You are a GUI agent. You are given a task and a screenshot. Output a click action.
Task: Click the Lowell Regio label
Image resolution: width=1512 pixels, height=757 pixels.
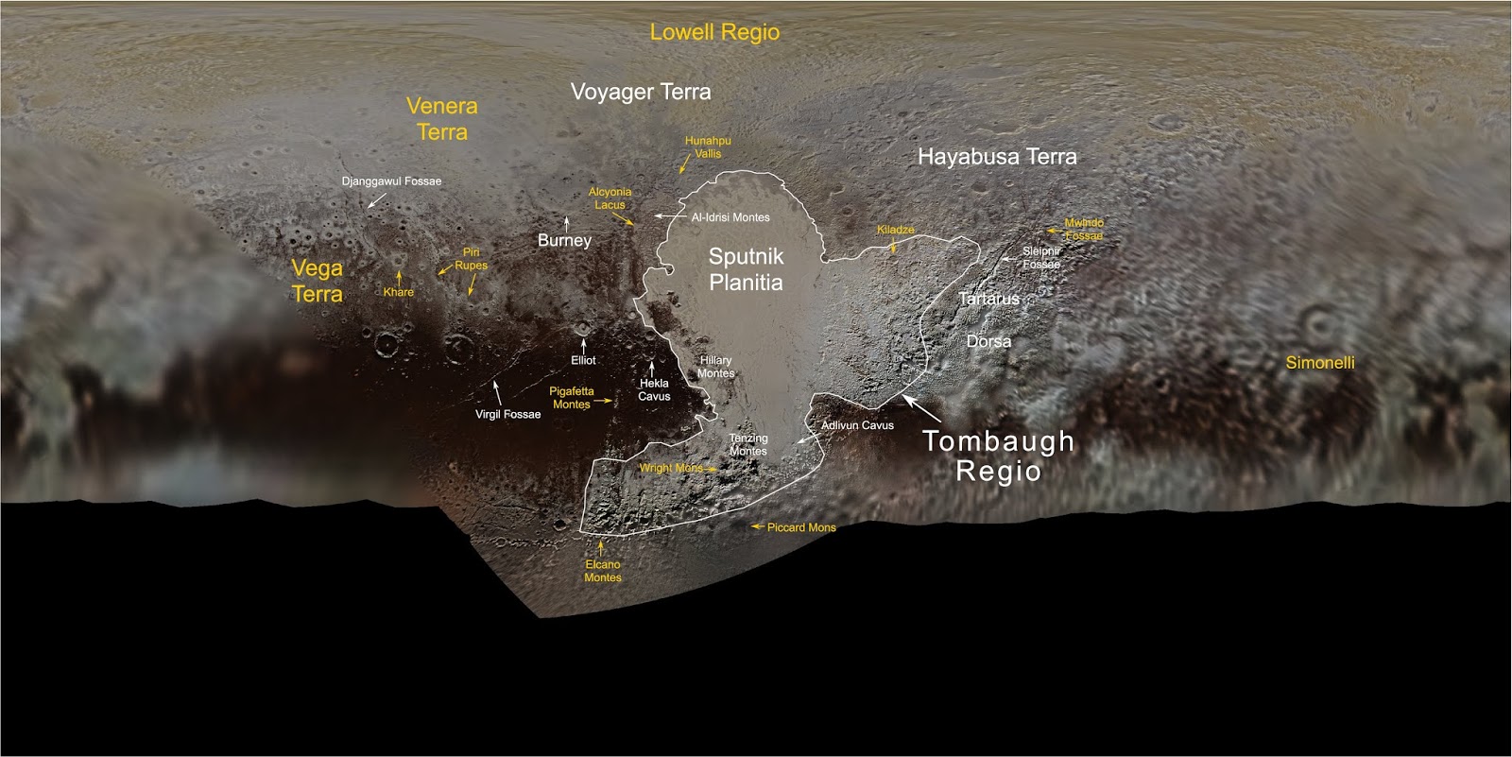point(714,32)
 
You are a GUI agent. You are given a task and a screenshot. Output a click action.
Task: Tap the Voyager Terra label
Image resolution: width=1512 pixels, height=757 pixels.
point(641,93)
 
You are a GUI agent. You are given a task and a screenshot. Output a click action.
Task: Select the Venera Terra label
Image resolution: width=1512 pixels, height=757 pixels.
point(442,119)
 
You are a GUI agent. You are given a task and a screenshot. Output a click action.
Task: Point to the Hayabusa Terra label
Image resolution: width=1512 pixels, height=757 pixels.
point(997,157)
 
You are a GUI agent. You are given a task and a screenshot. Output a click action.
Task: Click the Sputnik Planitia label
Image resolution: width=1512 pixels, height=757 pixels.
point(746,269)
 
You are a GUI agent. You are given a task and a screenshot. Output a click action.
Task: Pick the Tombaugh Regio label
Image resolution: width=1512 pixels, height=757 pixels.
point(999,456)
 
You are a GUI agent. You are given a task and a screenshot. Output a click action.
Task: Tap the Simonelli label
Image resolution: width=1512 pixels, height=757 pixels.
point(1320,363)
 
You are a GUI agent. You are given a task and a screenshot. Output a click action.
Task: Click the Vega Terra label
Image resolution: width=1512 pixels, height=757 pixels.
point(317,281)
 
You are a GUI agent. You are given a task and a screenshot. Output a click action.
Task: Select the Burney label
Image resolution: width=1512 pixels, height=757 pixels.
point(564,241)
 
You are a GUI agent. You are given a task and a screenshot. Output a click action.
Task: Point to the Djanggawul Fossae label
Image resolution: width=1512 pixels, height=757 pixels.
point(391,181)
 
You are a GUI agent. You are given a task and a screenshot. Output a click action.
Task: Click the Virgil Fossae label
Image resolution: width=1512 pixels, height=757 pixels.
point(507,414)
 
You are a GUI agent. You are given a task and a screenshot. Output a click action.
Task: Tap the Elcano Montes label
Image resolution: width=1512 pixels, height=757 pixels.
point(603,571)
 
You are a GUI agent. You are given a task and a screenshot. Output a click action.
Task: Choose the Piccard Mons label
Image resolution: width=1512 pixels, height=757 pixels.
point(801,527)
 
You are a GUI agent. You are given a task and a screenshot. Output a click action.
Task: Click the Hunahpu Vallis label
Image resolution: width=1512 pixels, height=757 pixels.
point(708,146)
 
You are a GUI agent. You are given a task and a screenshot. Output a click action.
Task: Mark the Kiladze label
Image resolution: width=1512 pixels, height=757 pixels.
point(895,230)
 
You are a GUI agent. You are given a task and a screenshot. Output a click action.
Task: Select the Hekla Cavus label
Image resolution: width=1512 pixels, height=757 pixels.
point(654,389)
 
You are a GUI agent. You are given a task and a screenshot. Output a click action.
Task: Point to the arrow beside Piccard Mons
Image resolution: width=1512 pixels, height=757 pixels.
point(757,526)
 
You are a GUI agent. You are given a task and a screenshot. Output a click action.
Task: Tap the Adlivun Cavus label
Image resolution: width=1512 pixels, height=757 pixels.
point(857,425)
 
